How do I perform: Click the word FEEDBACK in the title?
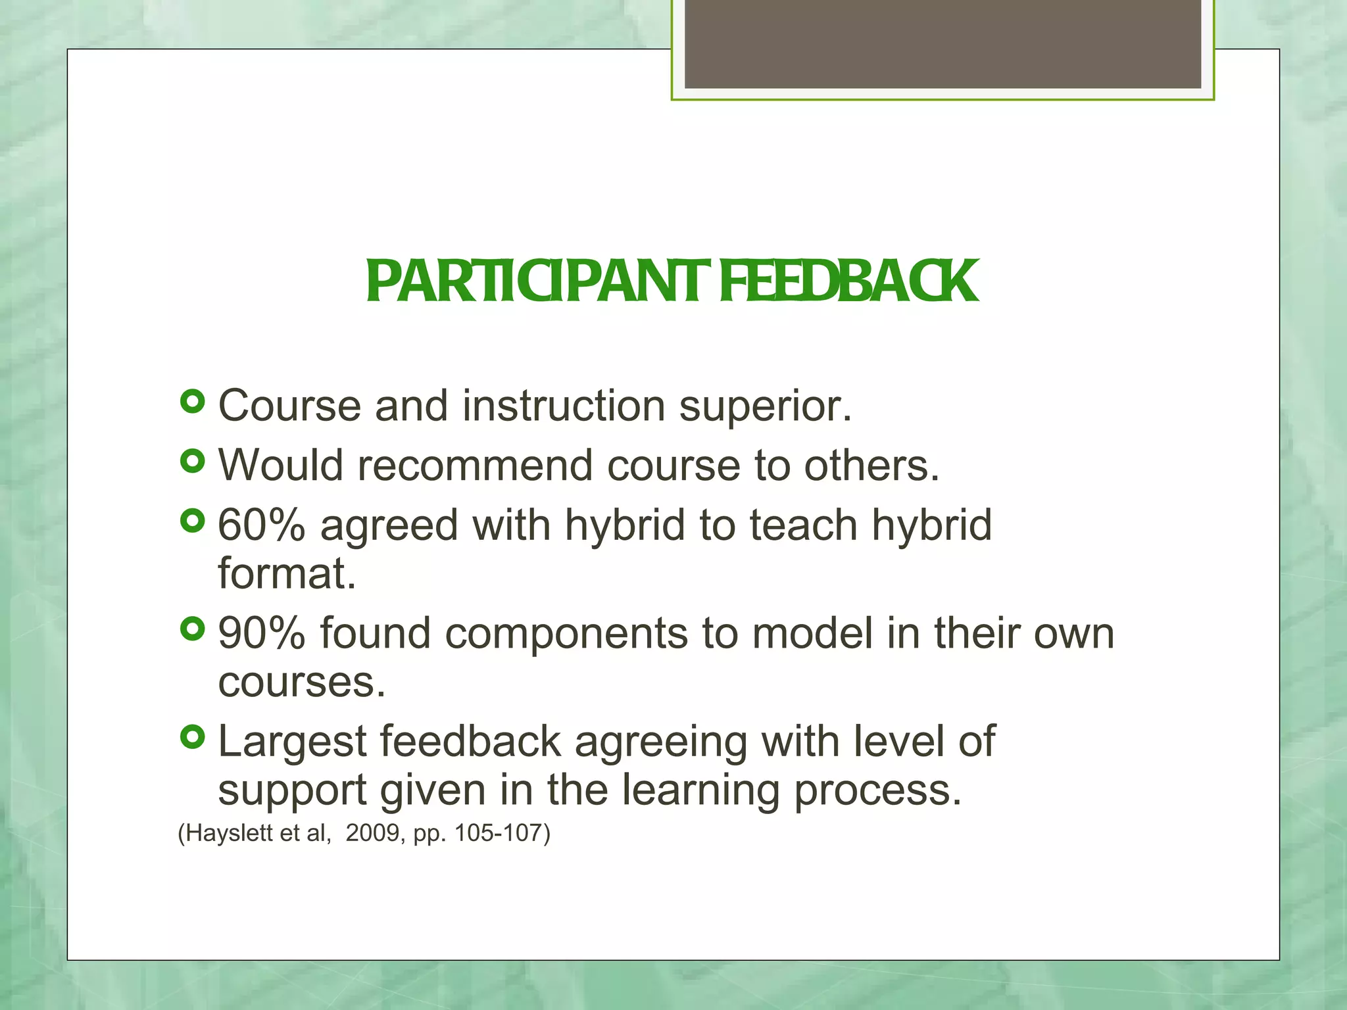pyautogui.click(x=848, y=281)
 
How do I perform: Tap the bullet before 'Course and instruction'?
pyautogui.click(x=192, y=401)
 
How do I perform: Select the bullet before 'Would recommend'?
pyautogui.click(x=192, y=461)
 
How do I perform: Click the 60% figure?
pyautogui.click(x=261, y=525)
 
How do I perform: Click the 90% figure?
pyautogui.click(x=261, y=633)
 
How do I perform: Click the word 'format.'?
pyautogui.click(x=287, y=573)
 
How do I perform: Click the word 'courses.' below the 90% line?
pyautogui.click(x=301, y=683)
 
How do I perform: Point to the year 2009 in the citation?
pyautogui.click(x=372, y=833)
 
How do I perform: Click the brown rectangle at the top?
pyautogui.click(x=943, y=43)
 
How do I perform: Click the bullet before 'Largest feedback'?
pyautogui.click(x=192, y=737)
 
